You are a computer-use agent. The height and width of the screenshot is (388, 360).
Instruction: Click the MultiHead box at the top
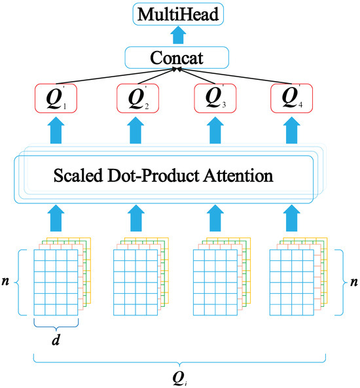[178, 14]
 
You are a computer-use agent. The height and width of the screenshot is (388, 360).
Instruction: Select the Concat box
[177, 58]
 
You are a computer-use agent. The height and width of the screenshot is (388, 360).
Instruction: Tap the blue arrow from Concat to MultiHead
[178, 35]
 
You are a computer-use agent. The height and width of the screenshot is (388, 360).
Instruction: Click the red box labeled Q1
[56, 98]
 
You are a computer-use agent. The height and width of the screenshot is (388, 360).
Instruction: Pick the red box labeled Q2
[137, 98]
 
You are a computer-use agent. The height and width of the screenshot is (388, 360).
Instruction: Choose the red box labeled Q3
[215, 98]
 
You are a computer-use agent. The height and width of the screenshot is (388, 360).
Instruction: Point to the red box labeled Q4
[292, 98]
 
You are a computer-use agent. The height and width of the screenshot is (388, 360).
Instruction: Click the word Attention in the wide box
[238, 175]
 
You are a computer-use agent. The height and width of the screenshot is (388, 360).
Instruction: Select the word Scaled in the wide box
[78, 175]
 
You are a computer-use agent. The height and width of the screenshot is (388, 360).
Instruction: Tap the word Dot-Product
[153, 175]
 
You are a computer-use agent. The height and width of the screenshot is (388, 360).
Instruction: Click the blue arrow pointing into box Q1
[56, 130]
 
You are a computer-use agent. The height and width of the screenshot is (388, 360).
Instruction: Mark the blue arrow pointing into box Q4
[292, 130]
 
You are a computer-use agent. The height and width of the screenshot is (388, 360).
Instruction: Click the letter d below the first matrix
[56, 340]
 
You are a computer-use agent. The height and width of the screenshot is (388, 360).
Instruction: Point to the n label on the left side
[5, 281]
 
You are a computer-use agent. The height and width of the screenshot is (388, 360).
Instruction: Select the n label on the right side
[354, 281]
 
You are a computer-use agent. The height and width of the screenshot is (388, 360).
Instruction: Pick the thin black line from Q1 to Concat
[115, 77]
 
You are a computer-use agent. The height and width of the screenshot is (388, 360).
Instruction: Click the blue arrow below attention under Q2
[135, 218]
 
